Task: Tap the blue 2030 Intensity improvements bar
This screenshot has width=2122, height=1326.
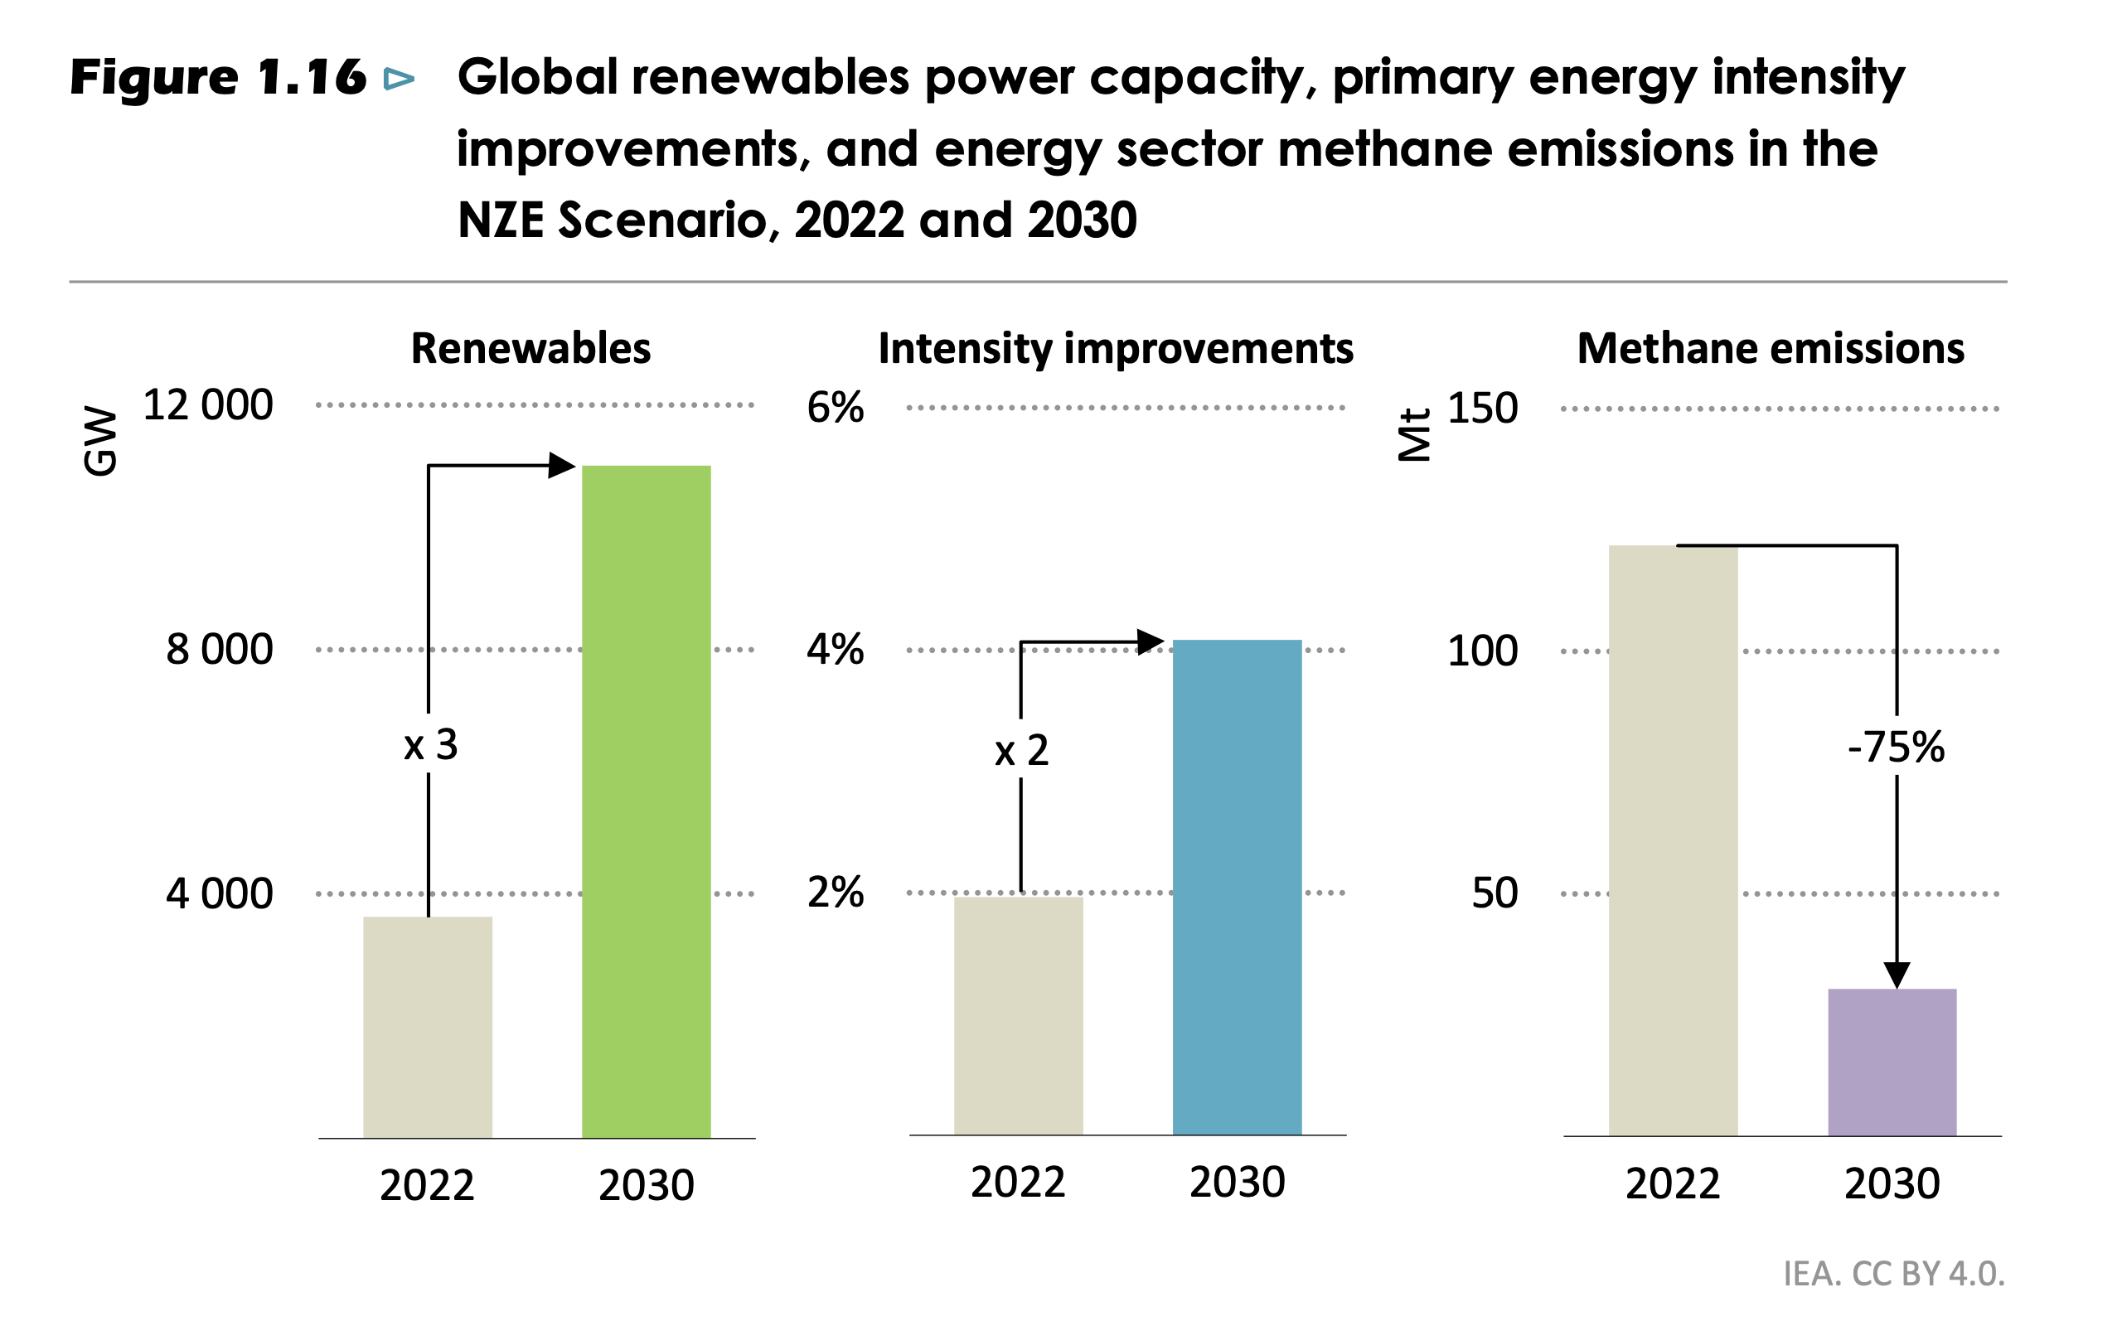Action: (x=1237, y=887)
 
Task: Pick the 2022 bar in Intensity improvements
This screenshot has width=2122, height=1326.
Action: (x=1018, y=1015)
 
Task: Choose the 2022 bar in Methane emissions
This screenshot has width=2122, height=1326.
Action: (x=1672, y=840)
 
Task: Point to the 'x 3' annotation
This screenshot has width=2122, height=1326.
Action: (x=430, y=744)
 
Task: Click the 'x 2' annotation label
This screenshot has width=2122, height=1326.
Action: (x=1021, y=750)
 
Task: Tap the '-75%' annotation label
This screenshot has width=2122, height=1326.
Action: (x=1896, y=748)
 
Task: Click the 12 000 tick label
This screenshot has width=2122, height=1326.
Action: (x=208, y=405)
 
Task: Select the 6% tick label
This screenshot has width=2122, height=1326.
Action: (x=835, y=408)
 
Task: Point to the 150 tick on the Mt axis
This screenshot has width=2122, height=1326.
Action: (x=1482, y=409)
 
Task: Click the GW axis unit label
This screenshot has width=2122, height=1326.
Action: (x=100, y=441)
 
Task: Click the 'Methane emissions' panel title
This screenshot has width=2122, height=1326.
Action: (x=1771, y=348)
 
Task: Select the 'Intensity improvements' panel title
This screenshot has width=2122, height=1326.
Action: (x=1116, y=348)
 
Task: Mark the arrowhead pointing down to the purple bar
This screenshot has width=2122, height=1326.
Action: (x=1897, y=975)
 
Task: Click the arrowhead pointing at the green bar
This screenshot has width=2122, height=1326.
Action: (x=561, y=465)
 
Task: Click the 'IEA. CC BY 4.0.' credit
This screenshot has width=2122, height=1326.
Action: (x=1894, y=1274)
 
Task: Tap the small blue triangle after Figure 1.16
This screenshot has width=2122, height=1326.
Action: (x=399, y=79)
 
